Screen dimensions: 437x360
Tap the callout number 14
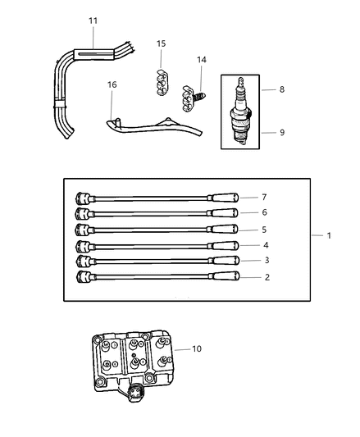click(202, 61)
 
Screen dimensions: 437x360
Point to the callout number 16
click(112, 84)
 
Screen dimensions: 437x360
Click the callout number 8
click(281, 89)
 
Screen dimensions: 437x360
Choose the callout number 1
click(328, 236)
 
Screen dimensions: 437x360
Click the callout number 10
click(195, 349)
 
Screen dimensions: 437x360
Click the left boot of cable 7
click(82, 198)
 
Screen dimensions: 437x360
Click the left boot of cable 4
click(82, 245)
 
